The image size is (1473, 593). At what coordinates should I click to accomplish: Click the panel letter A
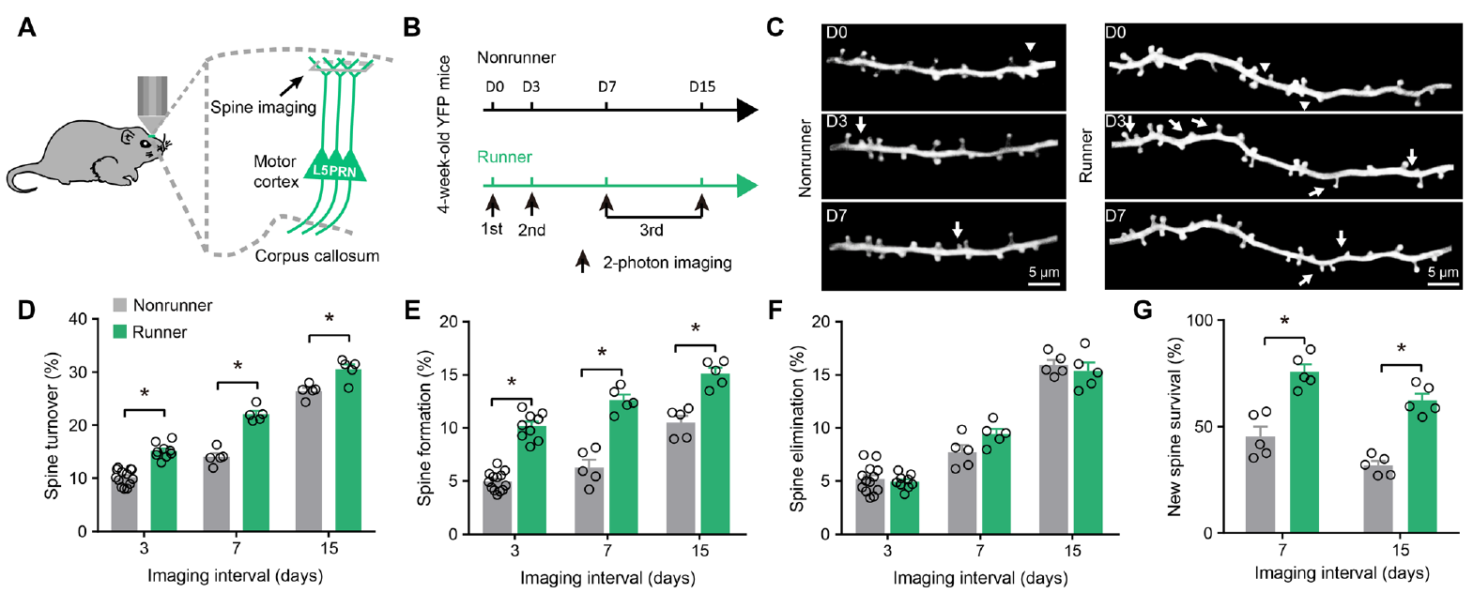pyautogui.click(x=27, y=27)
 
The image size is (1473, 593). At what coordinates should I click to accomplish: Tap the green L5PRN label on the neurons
pyautogui.click(x=333, y=172)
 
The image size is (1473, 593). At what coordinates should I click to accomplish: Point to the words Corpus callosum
pyautogui.click(x=317, y=255)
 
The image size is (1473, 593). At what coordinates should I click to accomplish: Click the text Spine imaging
pyautogui.click(x=263, y=107)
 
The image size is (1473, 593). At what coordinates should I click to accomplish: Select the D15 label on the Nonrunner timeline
pyautogui.click(x=702, y=86)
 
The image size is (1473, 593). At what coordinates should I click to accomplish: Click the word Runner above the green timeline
pyautogui.click(x=504, y=157)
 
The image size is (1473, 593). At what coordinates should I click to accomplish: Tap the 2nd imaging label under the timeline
pyautogui.click(x=531, y=230)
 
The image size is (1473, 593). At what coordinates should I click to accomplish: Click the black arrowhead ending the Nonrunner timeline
pyautogui.click(x=747, y=111)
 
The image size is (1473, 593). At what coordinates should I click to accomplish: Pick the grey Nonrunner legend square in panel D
pyautogui.click(x=120, y=306)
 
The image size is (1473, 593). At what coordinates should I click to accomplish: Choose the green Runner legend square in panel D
pyautogui.click(x=120, y=332)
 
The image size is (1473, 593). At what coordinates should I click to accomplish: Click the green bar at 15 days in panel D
pyautogui.click(x=348, y=450)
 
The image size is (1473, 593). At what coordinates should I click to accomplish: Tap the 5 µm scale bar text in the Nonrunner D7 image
pyautogui.click(x=1044, y=273)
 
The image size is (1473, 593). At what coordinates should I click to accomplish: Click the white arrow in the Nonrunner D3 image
pyautogui.click(x=861, y=125)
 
